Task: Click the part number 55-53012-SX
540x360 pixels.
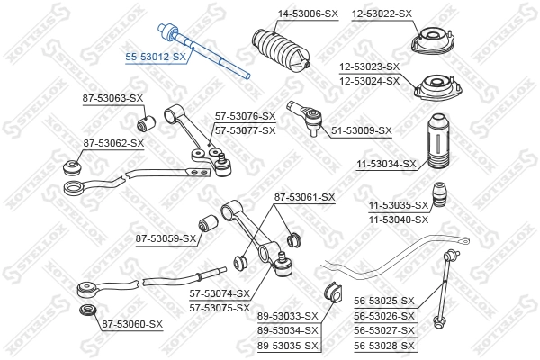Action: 156,56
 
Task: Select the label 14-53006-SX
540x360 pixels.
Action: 283,13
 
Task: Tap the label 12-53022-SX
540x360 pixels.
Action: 381,13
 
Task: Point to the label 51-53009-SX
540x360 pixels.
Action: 361,130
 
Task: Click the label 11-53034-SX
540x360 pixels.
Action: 386,164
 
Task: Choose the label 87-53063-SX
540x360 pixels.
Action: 113,97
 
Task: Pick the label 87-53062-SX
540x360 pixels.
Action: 113,142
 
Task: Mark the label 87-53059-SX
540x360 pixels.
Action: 166,238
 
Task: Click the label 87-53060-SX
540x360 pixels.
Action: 131,323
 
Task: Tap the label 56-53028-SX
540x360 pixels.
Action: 384,346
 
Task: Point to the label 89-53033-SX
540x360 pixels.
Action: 288,316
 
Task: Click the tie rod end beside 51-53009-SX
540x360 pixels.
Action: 306,115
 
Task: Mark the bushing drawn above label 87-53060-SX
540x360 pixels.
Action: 87,311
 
